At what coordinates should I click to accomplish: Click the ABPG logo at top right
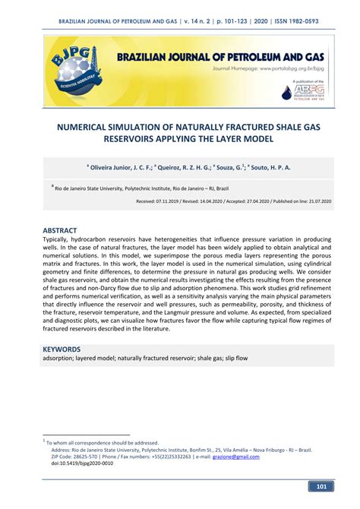[308, 92]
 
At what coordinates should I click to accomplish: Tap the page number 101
[321, 487]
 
